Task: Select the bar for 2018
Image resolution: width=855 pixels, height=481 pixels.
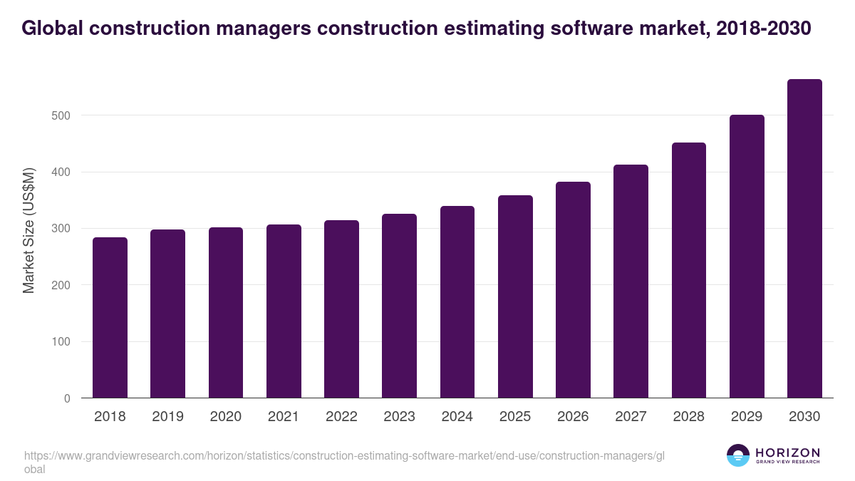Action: point(110,318)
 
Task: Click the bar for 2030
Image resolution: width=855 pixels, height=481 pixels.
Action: point(804,239)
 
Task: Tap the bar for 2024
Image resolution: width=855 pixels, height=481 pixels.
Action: point(457,302)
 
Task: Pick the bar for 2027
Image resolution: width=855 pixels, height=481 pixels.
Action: point(631,281)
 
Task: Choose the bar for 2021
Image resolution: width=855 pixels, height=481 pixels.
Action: point(284,311)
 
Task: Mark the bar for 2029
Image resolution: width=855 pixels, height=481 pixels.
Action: point(747,257)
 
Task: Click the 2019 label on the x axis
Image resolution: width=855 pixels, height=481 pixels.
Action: point(167,417)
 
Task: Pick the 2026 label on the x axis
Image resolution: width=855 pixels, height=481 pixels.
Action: point(573,417)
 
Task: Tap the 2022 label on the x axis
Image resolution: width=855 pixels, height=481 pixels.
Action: point(341,417)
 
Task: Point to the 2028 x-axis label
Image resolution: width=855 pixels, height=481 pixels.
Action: point(688,417)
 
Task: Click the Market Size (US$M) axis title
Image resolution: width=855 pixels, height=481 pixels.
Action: point(28,231)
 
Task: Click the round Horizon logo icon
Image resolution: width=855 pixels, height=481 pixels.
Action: point(738,455)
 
